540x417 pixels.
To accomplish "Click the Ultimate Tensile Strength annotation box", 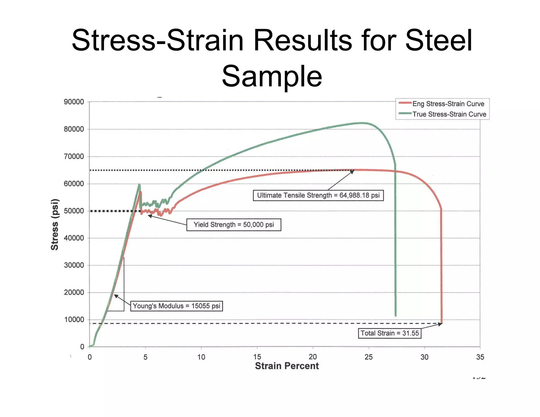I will click(x=318, y=195).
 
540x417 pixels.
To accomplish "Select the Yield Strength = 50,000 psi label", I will click(x=234, y=225).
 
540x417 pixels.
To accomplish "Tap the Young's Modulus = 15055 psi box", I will click(x=176, y=306).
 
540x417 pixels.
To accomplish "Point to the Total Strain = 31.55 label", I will click(x=389, y=333).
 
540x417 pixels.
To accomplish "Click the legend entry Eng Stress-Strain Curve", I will click(x=448, y=104).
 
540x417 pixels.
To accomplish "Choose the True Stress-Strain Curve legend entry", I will click(x=449, y=114).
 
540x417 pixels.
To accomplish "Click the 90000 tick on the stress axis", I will click(x=74, y=102).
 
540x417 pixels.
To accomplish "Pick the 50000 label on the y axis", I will click(x=74, y=211).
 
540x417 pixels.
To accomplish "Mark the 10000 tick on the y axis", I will click(x=74, y=319).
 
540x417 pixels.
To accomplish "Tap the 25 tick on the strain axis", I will click(x=368, y=357).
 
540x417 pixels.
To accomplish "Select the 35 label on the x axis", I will click(x=480, y=357).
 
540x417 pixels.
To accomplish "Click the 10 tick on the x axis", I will click(x=201, y=357).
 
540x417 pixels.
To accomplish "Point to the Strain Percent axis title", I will click(x=287, y=366).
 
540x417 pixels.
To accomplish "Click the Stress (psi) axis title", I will click(x=55, y=224).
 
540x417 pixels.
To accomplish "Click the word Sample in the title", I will click(x=272, y=76).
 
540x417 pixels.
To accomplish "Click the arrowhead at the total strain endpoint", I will click(x=440, y=324).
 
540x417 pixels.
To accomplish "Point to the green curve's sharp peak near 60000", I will click(x=139, y=185).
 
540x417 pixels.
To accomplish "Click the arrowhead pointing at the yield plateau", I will click(x=150, y=216).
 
